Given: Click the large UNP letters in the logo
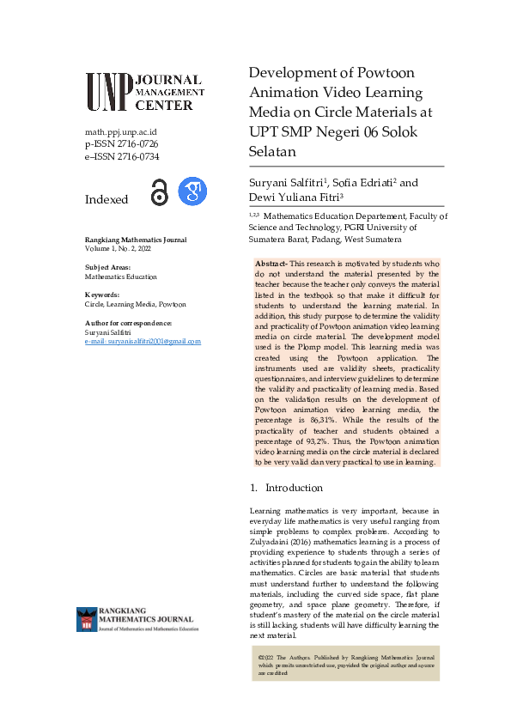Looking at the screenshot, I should [108, 92].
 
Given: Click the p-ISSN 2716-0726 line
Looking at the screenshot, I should [121, 144].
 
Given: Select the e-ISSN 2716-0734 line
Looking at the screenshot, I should [121, 156].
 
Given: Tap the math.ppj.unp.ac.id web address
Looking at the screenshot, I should [120, 132].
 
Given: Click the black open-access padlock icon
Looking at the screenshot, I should [159, 192].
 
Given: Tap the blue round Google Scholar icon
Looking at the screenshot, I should [192, 191].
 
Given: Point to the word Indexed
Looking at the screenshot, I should [106, 199].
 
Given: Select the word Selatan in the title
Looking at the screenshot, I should [272, 152].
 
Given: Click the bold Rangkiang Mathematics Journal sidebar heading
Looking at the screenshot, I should [136, 239].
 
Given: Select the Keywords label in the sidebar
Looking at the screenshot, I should [102, 295].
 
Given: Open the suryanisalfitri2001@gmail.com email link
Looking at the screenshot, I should [143, 341].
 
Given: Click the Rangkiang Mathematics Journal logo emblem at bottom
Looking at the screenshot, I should [87, 619].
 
